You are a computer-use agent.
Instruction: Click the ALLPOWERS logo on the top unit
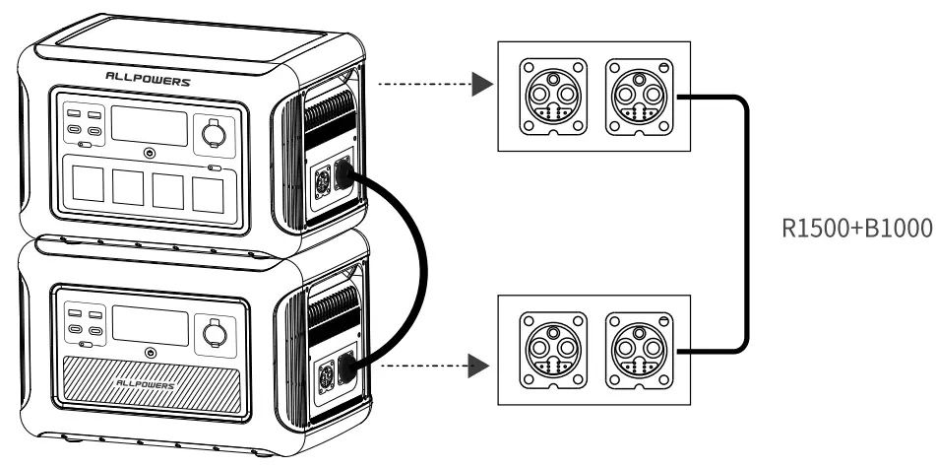point(148,80)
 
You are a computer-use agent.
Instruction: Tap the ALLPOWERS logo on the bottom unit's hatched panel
point(148,384)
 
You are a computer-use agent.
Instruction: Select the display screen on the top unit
point(149,125)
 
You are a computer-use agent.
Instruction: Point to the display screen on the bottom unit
point(149,326)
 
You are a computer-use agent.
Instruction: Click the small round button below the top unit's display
point(149,154)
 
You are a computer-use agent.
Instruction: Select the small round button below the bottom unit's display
point(149,353)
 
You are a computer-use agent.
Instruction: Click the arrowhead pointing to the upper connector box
point(480,84)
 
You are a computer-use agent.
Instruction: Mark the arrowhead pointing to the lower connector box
point(480,366)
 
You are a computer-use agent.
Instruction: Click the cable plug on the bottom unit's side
point(346,371)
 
